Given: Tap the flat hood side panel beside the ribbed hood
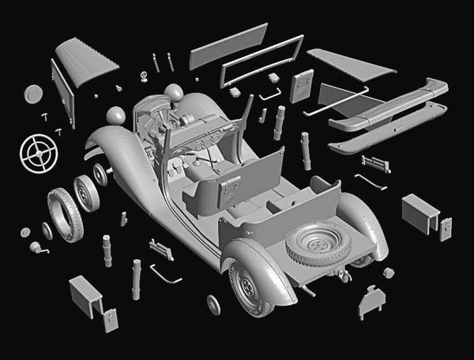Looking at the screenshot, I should coord(62,93).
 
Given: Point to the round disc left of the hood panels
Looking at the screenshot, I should coord(34,94).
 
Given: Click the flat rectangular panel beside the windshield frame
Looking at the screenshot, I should coord(228,46).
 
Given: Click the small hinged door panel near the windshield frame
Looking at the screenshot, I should coord(302,85).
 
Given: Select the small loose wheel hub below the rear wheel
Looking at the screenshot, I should coord(213,304).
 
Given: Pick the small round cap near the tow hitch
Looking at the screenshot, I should coord(388,272).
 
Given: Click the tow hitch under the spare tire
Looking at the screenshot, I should coord(344,276).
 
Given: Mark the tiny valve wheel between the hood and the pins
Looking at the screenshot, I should coord(144,76).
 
